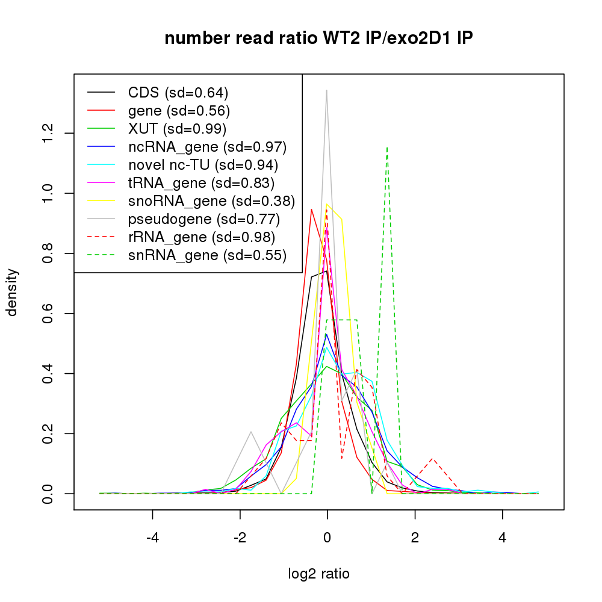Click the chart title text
coord(318,39)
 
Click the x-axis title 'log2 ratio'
coord(318,574)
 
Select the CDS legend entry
coord(178,93)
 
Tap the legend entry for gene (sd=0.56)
coord(179,111)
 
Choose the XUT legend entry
coord(177,129)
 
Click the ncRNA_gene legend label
coord(207,147)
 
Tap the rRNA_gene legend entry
coord(202,237)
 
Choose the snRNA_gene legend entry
coord(206,255)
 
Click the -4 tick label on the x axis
coord(152,538)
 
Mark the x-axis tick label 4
coord(503,538)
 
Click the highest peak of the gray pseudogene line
coord(326,90)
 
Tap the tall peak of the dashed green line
coord(386,147)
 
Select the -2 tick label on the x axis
coord(240,538)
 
